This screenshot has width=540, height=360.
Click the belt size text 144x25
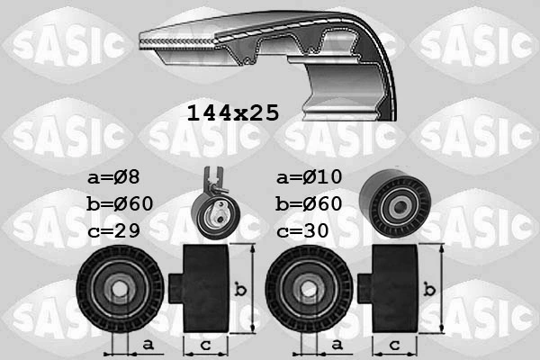(232, 113)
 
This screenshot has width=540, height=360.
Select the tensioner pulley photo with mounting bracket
(214, 207)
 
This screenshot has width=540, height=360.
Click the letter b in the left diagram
(239, 290)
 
